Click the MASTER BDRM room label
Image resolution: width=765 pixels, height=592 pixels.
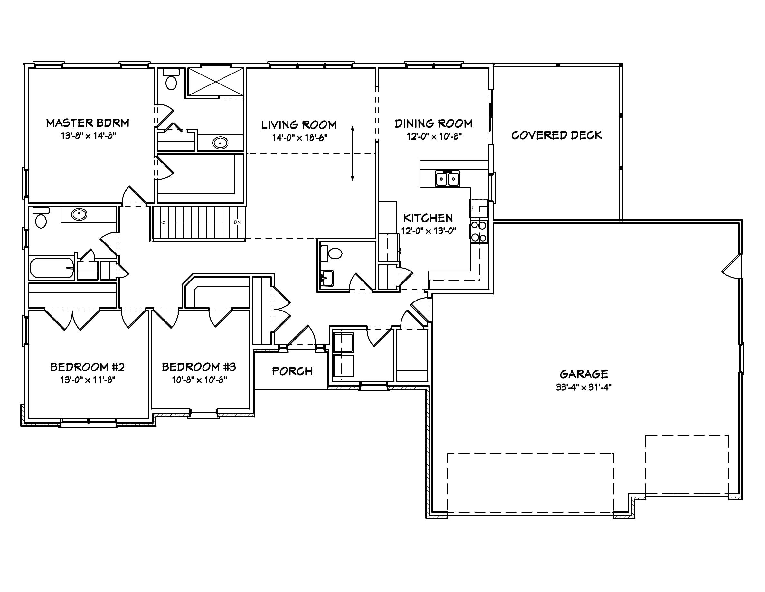pyautogui.click(x=88, y=123)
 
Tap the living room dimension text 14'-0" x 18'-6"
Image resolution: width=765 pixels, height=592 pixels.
pyautogui.click(x=299, y=138)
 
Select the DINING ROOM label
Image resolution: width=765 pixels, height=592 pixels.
pyautogui.click(x=434, y=124)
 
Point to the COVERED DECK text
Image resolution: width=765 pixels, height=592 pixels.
pyautogui.click(x=556, y=135)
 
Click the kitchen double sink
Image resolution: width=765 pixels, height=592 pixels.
pyautogui.click(x=447, y=179)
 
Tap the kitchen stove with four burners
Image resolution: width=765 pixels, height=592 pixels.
pyautogui.click(x=479, y=232)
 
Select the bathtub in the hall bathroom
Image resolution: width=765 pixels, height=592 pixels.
pyautogui.click(x=52, y=268)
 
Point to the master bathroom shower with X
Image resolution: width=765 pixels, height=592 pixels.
pyautogui.click(x=215, y=82)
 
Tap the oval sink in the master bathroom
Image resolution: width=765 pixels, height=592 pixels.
pyautogui.click(x=220, y=143)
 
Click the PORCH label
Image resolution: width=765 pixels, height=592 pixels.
pyautogui.click(x=292, y=371)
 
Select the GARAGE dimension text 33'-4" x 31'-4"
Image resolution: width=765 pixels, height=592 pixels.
pyautogui.click(x=583, y=388)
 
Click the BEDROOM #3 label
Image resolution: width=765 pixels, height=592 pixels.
pyautogui.click(x=199, y=367)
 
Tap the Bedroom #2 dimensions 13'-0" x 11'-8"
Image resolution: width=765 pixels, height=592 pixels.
pyautogui.click(x=88, y=380)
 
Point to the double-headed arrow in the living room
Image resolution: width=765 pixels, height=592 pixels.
pyautogui.click(x=352, y=153)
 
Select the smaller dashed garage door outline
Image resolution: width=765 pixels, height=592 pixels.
pyautogui.click(x=687, y=464)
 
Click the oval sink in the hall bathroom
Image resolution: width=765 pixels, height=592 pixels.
pyautogui.click(x=79, y=214)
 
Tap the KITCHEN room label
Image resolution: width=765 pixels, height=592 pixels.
pyautogui.click(x=428, y=218)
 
